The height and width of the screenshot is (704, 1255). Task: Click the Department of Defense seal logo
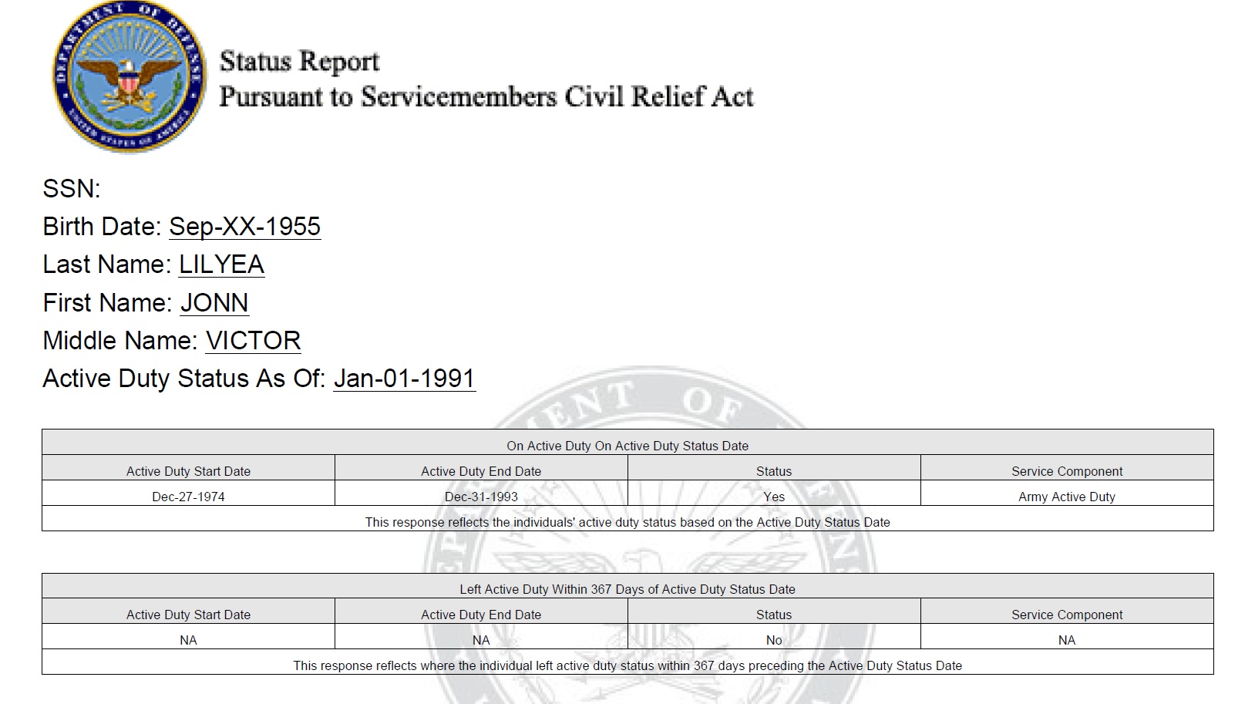129,77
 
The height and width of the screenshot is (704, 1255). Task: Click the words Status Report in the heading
299,61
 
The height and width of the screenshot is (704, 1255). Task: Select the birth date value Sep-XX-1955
244,227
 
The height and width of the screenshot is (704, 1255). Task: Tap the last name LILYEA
221,264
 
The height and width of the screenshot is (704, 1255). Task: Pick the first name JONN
214,303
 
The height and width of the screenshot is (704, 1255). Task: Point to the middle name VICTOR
253,341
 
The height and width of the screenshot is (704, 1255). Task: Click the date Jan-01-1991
404,379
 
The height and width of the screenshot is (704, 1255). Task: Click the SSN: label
72,189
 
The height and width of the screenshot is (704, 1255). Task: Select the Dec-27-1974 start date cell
188,497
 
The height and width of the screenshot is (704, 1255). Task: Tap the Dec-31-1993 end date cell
481,497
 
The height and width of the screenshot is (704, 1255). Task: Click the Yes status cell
774,497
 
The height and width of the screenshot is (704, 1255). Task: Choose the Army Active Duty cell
1067,497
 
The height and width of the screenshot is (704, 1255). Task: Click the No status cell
774,640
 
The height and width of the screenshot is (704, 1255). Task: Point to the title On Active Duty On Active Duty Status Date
627,446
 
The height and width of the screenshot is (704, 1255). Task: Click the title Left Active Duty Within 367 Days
627,589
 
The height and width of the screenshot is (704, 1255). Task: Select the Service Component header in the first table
1067,471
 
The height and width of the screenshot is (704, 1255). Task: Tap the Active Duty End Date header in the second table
481,615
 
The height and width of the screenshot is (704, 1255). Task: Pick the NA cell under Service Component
1067,640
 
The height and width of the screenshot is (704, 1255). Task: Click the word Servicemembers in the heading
459,97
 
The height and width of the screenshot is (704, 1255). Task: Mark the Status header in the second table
774,615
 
